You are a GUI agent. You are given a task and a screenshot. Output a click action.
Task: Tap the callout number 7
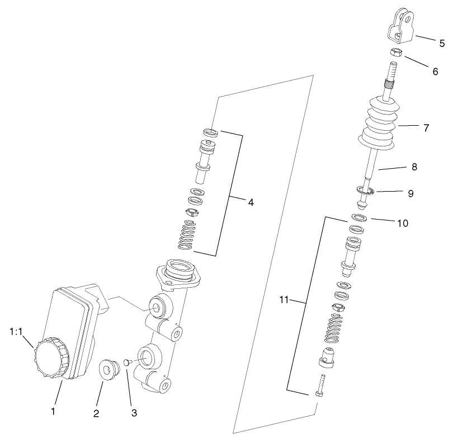pos(426,128)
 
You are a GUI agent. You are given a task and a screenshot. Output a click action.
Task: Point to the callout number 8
pos(414,166)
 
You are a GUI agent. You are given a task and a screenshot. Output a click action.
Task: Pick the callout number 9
pos(410,193)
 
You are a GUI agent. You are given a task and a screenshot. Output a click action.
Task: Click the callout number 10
pos(403,223)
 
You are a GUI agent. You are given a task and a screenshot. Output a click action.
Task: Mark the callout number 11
pos(284,300)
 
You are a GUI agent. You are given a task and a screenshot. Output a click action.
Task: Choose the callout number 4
pos(251,202)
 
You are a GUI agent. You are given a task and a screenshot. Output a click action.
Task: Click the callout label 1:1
pos(16,331)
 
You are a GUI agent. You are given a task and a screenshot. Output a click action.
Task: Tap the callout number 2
pos(96,413)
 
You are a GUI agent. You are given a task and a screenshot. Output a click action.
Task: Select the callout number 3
pos(134,413)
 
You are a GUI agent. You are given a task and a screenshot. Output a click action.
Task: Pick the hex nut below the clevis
pos(397,54)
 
